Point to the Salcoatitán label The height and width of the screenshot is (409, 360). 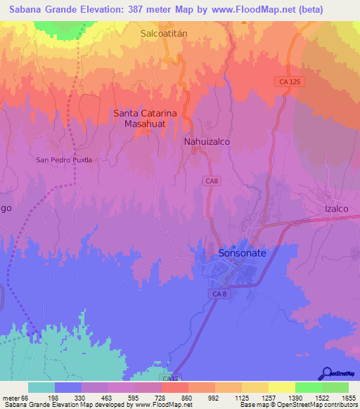pos(167,33)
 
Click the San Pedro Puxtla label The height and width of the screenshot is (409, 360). pos(64,160)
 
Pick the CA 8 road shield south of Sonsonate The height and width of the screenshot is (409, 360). pos(221,292)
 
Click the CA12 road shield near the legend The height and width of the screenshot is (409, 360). pos(169,379)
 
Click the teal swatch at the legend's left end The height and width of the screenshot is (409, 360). pos(41,387)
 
